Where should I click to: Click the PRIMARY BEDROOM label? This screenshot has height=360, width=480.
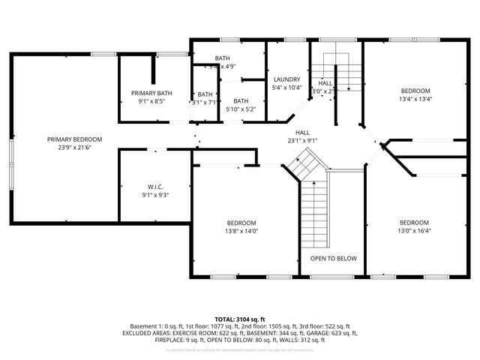(x=74, y=139)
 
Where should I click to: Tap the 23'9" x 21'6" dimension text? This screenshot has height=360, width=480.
(x=74, y=148)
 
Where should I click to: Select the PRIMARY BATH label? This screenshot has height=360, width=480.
(x=151, y=93)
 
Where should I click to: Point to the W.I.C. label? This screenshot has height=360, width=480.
(x=155, y=187)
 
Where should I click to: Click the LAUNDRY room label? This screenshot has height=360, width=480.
(x=286, y=79)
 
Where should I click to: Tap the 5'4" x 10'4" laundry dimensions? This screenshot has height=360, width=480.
(x=286, y=88)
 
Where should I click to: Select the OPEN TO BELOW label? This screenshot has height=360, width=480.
(x=334, y=259)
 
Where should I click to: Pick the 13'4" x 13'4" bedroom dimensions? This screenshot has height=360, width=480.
(x=415, y=98)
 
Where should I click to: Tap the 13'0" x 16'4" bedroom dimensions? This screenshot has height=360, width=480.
(x=414, y=232)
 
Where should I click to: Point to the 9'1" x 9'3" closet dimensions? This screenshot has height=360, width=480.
(x=155, y=195)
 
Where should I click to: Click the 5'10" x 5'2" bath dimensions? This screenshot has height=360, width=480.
(x=241, y=109)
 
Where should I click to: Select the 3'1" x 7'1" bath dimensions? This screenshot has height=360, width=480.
(x=205, y=103)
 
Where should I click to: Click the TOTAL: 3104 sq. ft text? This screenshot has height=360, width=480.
(x=240, y=319)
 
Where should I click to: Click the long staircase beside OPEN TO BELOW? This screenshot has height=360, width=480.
(x=314, y=214)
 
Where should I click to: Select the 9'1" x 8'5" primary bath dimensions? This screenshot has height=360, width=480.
(x=151, y=101)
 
